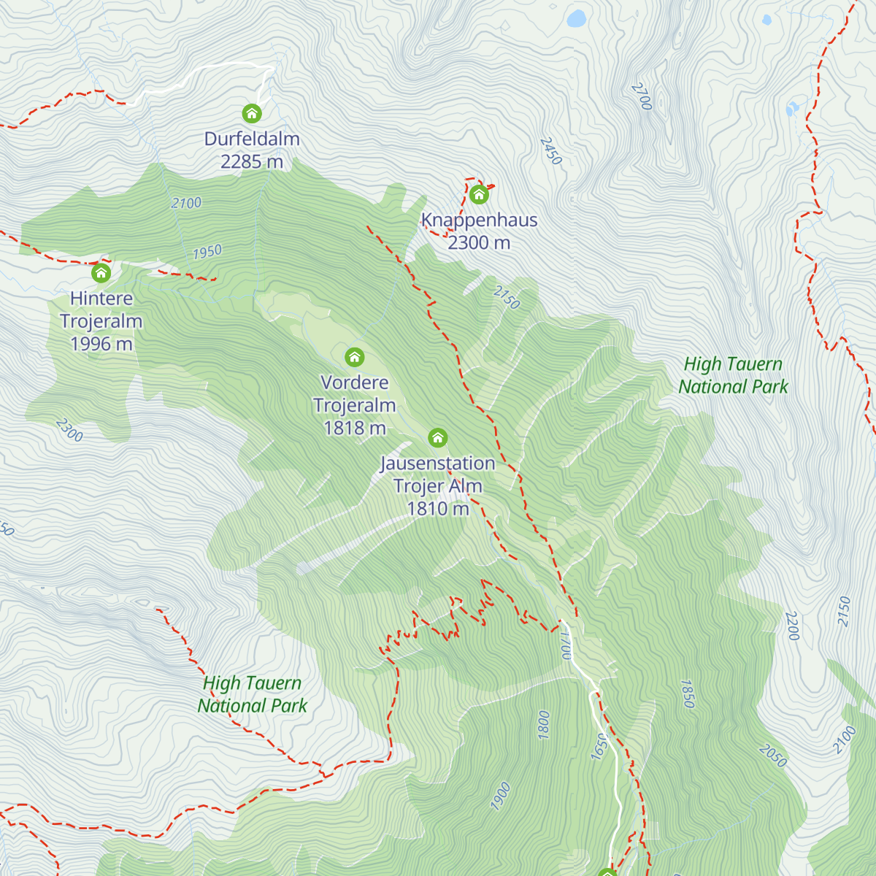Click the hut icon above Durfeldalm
click(252, 114)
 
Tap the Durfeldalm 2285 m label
click(252, 150)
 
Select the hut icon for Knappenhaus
click(479, 195)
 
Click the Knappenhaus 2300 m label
click(479, 231)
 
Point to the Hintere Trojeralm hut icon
click(101, 274)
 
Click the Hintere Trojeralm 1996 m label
click(101, 321)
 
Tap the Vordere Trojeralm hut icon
click(355, 358)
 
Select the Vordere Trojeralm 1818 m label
click(355, 405)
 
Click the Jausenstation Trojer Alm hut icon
click(437, 438)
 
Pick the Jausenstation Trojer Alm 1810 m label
click(438, 485)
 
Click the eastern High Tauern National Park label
click(733, 375)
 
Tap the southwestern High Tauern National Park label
click(252, 694)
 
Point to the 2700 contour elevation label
click(641, 96)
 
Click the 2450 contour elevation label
click(551, 150)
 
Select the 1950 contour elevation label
click(207, 252)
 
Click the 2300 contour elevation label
click(69, 430)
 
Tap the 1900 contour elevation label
click(501, 796)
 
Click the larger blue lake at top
click(577, 18)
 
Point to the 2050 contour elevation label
click(772, 756)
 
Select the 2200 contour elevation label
click(793, 626)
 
